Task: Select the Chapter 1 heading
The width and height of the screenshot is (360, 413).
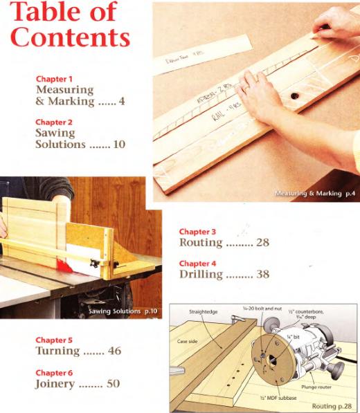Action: tap(55, 80)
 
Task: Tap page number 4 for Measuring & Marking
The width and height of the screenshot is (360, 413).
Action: tap(121, 102)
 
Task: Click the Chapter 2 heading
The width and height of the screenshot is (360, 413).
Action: tap(55, 122)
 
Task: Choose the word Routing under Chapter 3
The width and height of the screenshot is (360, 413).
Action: tap(201, 243)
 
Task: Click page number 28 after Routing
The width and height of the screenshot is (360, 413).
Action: tap(261, 243)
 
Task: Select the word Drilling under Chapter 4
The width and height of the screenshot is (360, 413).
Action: tap(201, 275)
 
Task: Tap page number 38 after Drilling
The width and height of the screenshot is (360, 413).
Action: tap(261, 275)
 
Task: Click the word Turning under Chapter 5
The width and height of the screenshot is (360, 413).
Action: tap(57, 351)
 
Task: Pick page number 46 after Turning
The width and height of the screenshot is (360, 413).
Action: tap(114, 351)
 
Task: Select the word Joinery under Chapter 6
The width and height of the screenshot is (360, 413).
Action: tap(55, 383)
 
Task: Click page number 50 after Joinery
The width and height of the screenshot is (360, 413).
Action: tap(114, 383)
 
